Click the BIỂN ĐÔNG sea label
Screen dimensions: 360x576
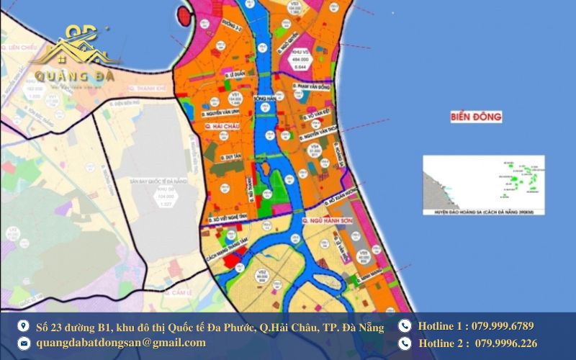point(476,116)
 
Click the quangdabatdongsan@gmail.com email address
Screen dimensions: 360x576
point(121,343)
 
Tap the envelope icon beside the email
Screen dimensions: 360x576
point(24,343)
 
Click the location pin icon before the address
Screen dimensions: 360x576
point(24,326)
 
